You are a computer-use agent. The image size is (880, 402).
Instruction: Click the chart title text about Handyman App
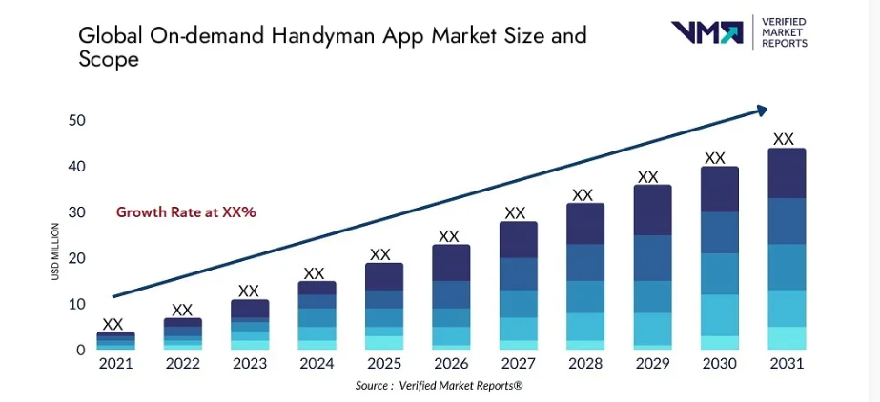coord(332,47)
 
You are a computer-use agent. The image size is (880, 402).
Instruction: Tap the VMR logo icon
coord(706,32)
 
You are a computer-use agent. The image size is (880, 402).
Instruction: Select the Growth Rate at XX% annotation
coord(186,211)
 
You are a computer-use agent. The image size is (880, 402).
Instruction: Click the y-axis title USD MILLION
coord(55,251)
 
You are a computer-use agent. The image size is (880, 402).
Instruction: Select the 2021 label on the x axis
coord(115,364)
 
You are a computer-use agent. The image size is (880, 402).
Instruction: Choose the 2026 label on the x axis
coord(449,364)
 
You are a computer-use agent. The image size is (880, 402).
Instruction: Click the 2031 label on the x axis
coord(786,364)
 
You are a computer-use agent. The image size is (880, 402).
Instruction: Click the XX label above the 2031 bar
coord(784,139)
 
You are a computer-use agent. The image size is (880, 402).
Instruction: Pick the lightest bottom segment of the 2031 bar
coord(787,338)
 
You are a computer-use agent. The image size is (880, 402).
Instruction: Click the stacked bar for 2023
coord(249,325)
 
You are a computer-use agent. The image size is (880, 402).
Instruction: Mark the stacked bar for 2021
coord(115,341)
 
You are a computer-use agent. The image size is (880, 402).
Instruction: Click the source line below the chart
coord(440,385)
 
